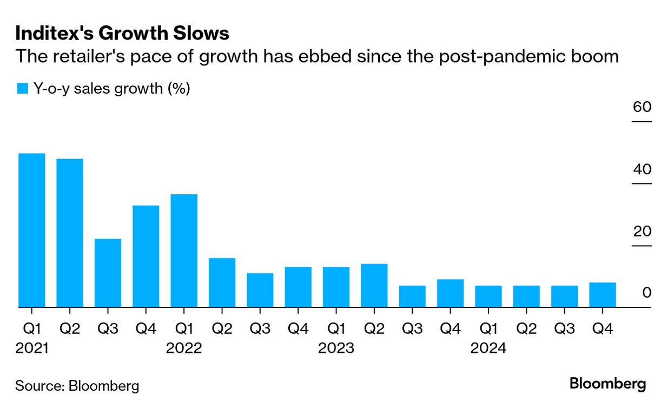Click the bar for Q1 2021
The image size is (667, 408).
(x=31, y=231)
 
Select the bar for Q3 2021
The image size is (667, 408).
(x=108, y=273)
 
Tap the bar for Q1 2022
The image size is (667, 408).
(x=184, y=251)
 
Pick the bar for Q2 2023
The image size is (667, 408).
(x=374, y=286)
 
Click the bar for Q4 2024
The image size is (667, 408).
(x=603, y=295)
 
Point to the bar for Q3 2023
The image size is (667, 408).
(x=412, y=297)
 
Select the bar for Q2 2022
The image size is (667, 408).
(x=222, y=283)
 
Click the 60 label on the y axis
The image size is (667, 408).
(x=642, y=107)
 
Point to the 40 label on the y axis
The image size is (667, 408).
(x=642, y=169)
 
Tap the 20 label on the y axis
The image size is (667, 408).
(x=642, y=232)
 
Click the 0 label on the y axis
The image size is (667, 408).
(x=647, y=293)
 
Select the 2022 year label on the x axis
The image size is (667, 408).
(x=184, y=348)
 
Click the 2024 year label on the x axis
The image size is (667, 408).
(x=488, y=348)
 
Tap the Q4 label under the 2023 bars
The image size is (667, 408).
(x=450, y=328)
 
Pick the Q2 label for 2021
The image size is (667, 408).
(x=70, y=328)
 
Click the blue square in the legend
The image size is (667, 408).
(x=22, y=89)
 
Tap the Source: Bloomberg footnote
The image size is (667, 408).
(x=77, y=386)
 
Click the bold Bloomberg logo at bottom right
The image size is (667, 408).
(x=607, y=384)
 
